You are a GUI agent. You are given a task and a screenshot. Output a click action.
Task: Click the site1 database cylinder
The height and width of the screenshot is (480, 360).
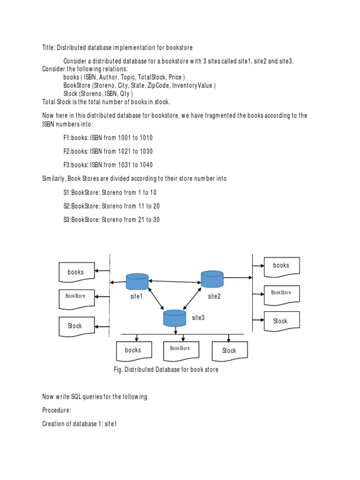(x=137, y=282)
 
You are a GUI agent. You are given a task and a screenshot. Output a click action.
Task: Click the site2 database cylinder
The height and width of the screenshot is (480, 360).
(x=212, y=278)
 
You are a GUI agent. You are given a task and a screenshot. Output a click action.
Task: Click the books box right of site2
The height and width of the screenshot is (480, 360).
(x=281, y=266)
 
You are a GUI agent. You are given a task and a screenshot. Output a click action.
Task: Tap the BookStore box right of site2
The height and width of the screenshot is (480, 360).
(x=281, y=293)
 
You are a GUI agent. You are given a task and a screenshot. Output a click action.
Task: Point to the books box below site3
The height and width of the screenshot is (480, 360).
(x=133, y=351)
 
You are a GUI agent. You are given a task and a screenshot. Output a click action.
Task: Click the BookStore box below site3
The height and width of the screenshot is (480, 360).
(x=180, y=349)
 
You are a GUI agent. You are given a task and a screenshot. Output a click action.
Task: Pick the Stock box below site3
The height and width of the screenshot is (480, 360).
(x=229, y=351)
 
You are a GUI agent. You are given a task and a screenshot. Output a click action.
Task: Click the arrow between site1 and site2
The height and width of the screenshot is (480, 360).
(x=175, y=281)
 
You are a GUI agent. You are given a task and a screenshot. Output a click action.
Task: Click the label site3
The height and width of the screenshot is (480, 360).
(x=198, y=318)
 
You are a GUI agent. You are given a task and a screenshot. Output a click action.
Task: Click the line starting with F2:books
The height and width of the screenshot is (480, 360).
(x=108, y=151)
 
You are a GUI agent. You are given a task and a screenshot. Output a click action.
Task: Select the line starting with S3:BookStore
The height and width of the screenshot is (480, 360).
(x=111, y=219)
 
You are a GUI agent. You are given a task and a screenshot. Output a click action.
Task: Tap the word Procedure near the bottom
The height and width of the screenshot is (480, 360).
(x=56, y=410)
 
